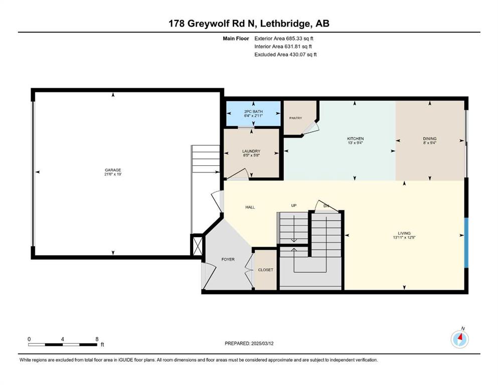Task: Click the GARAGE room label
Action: pyautogui.click(x=113, y=170)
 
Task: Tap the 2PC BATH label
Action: pyautogui.click(x=253, y=112)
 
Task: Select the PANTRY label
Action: pyautogui.click(x=296, y=118)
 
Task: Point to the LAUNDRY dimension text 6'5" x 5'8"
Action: pyautogui.click(x=251, y=155)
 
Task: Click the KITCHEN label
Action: pyautogui.click(x=356, y=139)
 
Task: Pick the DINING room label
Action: pyautogui.click(x=430, y=139)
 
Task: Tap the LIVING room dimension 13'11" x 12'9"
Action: pyautogui.click(x=404, y=238)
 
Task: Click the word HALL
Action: pyautogui.click(x=250, y=207)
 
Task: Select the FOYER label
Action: pyautogui.click(x=228, y=259)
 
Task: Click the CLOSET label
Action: pyautogui.click(x=265, y=270)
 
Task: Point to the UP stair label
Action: pyautogui.click(x=294, y=206)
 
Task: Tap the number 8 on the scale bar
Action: pyautogui.click(x=97, y=339)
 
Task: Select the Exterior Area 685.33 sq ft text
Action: pyautogui.click(x=284, y=39)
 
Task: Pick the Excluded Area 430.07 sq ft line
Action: pyautogui.click(x=285, y=54)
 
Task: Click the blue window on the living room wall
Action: pyautogui.click(x=466, y=243)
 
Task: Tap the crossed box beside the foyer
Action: pyautogui.click(x=197, y=245)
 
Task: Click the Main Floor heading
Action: pyautogui.click(x=236, y=39)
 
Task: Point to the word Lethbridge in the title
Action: pyautogui.click(x=285, y=24)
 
